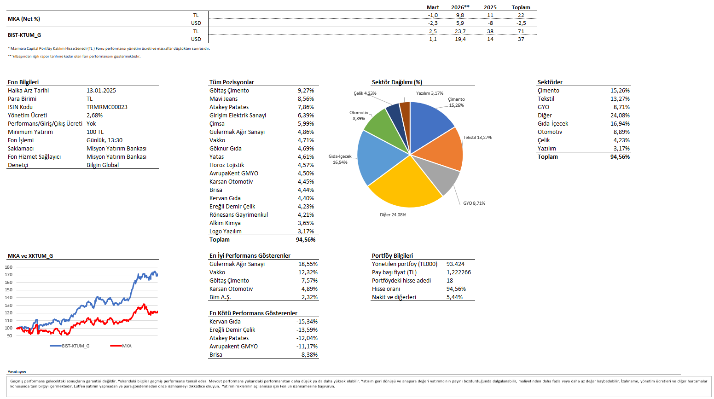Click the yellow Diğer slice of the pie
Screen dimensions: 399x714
coord(405,184)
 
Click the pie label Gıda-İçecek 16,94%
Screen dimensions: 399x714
coord(340,159)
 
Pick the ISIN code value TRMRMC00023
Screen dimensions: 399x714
coord(107,107)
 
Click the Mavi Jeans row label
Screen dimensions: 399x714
coord(224,99)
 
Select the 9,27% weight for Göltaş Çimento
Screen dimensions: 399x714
coord(306,91)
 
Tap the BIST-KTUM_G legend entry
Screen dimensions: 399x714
coord(75,346)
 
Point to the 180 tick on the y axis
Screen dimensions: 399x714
coord(9,267)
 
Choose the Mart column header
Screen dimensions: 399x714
coord(433,7)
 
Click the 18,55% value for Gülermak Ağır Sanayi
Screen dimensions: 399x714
coord(308,264)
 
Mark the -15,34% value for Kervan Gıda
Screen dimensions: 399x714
coord(307,322)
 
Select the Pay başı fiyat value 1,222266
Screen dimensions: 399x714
coord(459,272)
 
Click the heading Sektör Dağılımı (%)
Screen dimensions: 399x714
coord(397,82)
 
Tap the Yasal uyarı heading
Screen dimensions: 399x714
coord(17,372)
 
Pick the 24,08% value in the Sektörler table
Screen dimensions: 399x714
coord(620,116)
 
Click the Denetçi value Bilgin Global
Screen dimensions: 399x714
coord(103,165)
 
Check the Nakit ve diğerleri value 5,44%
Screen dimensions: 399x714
coord(454,297)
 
